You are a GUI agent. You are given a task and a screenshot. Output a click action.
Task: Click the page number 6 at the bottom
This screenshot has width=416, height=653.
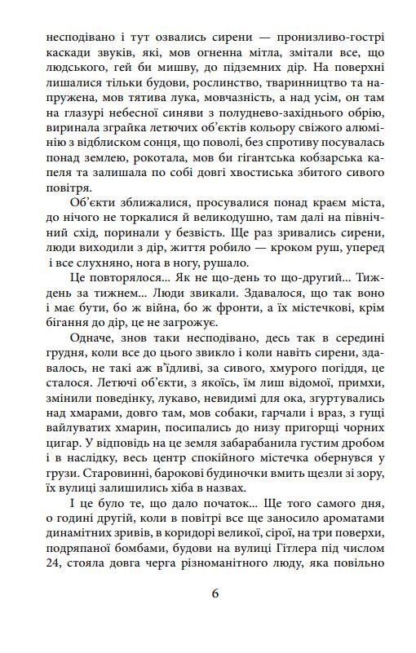click(215, 593)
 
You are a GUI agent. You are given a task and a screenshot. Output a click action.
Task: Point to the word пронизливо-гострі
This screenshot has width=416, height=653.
click(325, 38)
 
